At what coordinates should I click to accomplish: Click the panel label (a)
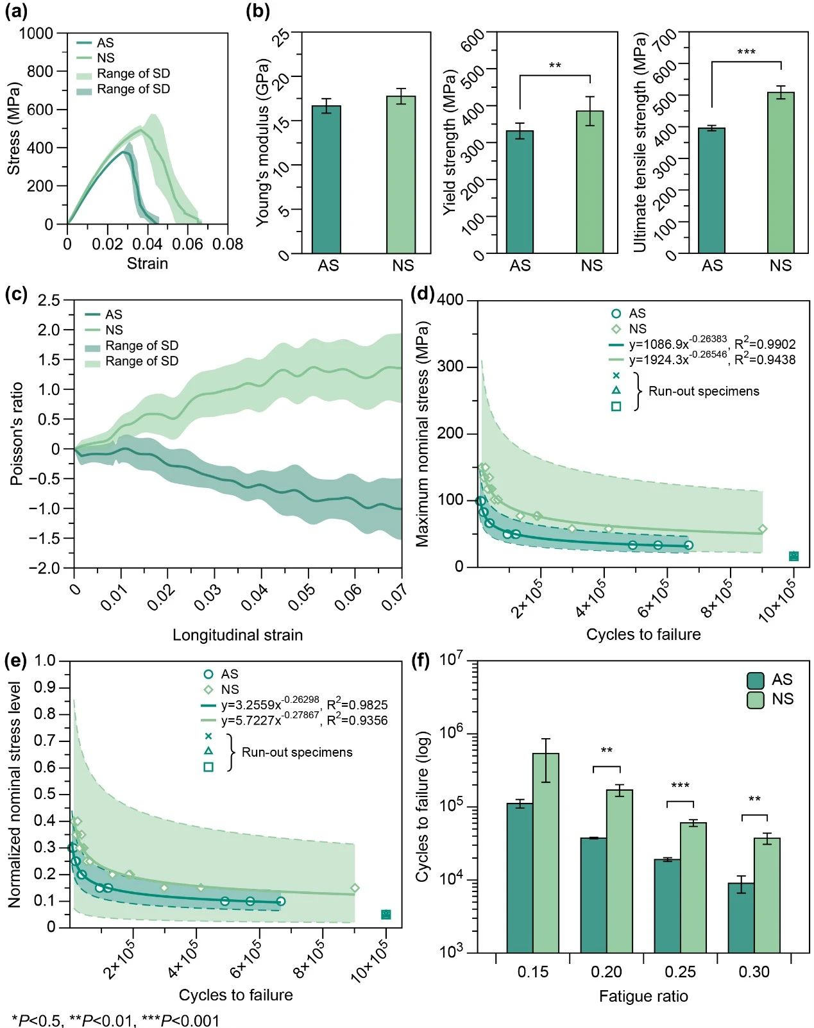point(15,12)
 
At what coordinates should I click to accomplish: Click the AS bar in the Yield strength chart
point(520,192)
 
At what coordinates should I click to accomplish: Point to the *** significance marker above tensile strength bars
point(746,52)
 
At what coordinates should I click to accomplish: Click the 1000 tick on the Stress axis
point(36,33)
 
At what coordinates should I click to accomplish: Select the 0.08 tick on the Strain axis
point(228,244)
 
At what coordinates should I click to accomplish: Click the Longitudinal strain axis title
point(237,635)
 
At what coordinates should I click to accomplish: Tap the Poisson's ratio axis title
point(17,434)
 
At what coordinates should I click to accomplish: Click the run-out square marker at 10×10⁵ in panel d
point(793,556)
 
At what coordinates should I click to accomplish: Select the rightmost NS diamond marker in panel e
point(355,888)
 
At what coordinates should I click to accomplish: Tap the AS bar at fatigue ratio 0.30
point(741,918)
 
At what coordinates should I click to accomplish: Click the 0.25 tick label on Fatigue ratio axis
point(680,972)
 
